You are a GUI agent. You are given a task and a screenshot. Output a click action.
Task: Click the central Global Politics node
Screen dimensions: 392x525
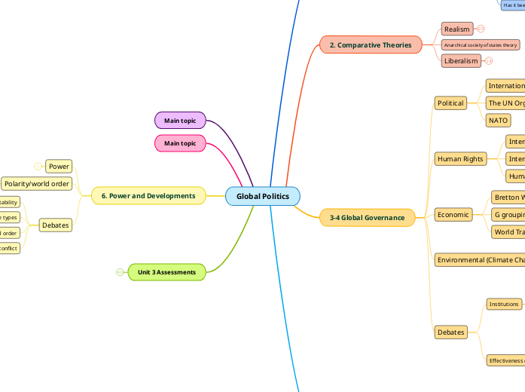point(262,196)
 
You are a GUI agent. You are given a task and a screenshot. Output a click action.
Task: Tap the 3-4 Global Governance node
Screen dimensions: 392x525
point(367,218)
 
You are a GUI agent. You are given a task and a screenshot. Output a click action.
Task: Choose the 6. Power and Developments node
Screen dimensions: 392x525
point(148,196)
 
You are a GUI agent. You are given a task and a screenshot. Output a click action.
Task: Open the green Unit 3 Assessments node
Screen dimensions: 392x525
point(166,272)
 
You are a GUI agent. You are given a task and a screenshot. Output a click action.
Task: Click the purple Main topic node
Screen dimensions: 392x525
point(180,120)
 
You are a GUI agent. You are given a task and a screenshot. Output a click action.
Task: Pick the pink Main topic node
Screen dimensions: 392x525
point(180,143)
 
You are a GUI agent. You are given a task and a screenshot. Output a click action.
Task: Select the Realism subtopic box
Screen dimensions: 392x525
point(457,29)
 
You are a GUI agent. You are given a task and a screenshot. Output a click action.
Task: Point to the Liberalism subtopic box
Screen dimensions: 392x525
point(461,61)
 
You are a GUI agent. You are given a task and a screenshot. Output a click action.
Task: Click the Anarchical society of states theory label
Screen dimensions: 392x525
point(481,45)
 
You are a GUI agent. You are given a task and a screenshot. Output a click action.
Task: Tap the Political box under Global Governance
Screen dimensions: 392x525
point(451,103)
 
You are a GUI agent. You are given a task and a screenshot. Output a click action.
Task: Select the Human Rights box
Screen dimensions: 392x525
point(460,158)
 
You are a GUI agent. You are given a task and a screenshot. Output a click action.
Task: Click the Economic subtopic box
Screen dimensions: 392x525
point(453,215)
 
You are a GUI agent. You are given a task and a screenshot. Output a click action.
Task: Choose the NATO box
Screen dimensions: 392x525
point(498,120)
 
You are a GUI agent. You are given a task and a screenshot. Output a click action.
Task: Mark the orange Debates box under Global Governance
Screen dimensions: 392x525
point(451,332)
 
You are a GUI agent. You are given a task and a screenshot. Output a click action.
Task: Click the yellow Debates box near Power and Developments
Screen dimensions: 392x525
point(56,225)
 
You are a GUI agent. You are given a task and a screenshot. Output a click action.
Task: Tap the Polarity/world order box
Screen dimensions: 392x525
point(37,183)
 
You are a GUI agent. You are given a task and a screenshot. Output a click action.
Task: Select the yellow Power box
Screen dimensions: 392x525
point(59,166)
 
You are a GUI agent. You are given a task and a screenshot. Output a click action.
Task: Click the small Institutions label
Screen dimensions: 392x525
point(504,304)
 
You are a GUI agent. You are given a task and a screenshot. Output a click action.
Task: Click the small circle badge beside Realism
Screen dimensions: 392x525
point(481,29)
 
